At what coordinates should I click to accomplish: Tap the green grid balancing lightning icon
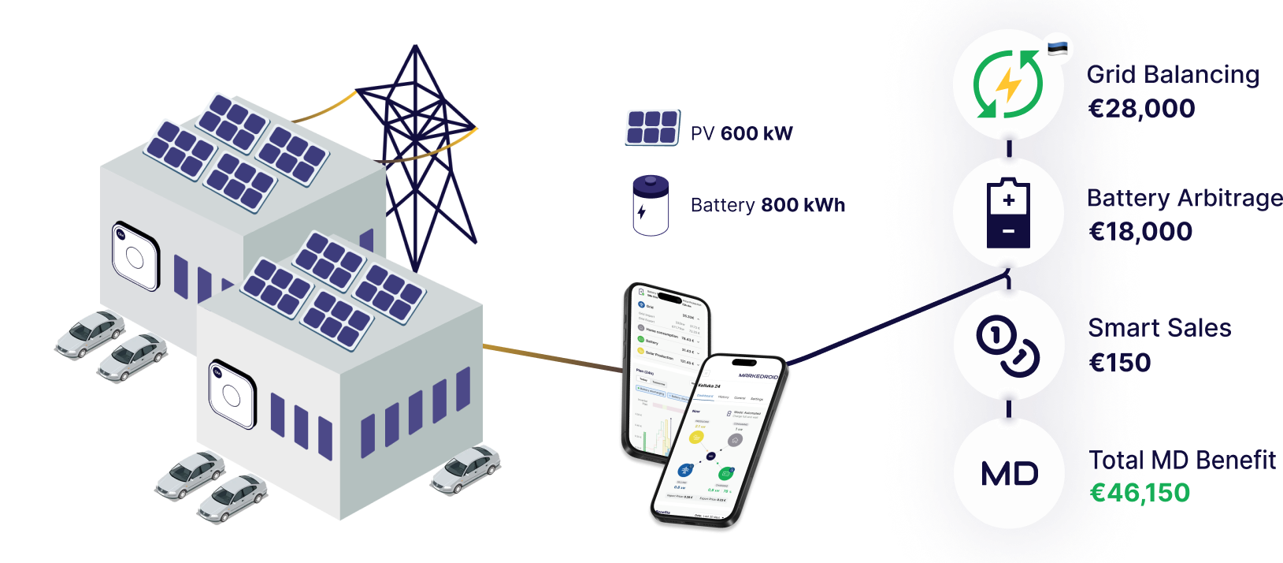point(1008,84)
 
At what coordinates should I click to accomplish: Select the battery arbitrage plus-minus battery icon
point(1008,213)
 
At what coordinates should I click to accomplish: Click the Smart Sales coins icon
point(1008,345)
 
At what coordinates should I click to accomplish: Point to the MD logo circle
point(1009,474)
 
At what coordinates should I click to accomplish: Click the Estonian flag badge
point(1059,48)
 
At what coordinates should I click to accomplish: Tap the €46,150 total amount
point(1140,493)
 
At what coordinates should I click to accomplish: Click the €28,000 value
point(1142,109)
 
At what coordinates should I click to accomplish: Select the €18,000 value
point(1141,232)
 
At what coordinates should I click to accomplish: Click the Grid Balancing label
point(1174,75)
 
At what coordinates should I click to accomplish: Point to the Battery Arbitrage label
point(1185,198)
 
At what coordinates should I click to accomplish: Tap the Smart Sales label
point(1160,328)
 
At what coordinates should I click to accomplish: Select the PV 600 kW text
point(741,133)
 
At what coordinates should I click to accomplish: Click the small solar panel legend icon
point(652,128)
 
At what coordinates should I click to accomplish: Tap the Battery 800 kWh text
point(767,205)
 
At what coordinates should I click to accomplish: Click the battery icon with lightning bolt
point(651,205)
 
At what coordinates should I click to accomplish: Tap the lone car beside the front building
point(465,470)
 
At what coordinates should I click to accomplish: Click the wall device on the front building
point(232,393)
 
